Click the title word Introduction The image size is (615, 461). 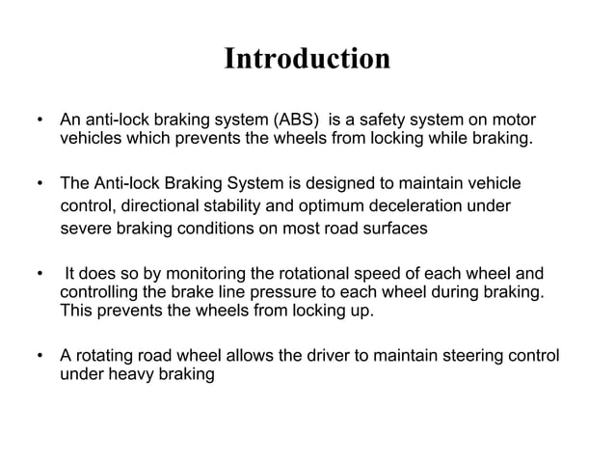click(x=307, y=60)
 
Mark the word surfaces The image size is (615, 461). click(x=406, y=229)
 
